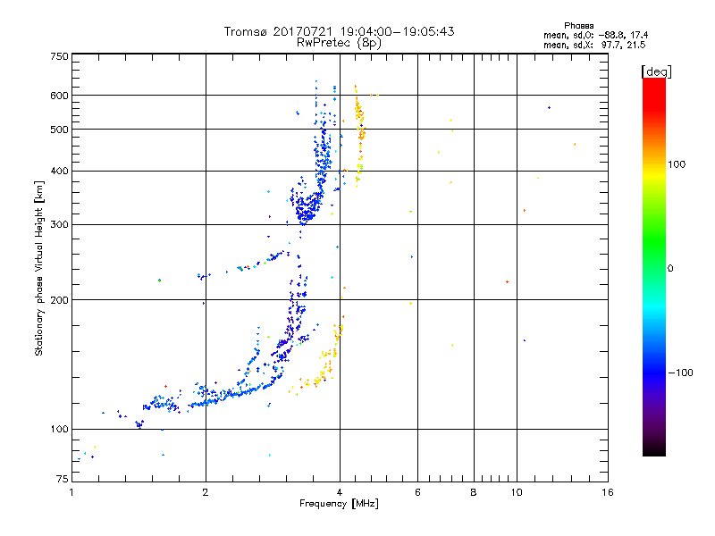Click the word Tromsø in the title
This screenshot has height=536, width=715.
[x=245, y=32]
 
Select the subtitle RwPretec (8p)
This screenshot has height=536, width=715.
[x=339, y=43]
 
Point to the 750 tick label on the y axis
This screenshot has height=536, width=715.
[x=59, y=56]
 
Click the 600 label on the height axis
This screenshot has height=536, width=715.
[x=59, y=96]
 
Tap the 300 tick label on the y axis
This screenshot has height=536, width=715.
[x=59, y=224]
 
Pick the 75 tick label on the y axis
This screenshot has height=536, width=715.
[x=63, y=479]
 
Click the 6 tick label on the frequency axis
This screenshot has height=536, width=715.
[x=417, y=492]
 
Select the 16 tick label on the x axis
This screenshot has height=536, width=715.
[x=608, y=492]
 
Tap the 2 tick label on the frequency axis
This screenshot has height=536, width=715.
[x=206, y=492]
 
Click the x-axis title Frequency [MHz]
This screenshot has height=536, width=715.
[x=339, y=504]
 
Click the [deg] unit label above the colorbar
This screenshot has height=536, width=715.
[x=656, y=72]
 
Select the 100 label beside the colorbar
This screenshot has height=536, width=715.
[x=677, y=164]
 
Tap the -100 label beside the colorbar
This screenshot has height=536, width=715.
[x=681, y=373]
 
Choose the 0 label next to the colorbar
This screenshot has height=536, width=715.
[x=670, y=269]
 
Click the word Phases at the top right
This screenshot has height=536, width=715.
[x=578, y=26]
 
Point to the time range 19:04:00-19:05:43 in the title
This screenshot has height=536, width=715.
[x=397, y=31]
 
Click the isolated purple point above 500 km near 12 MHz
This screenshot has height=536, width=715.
[x=549, y=108]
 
